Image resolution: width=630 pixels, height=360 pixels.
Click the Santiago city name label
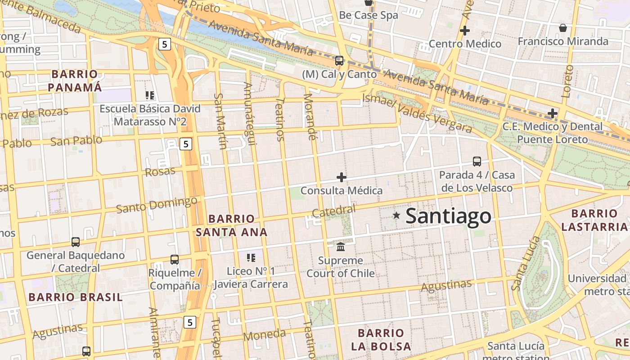[448, 216]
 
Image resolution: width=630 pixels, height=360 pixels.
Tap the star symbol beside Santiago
[396, 216]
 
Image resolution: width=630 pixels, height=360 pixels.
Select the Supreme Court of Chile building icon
[341, 247]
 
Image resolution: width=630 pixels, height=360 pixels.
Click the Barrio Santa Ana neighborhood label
[232, 225]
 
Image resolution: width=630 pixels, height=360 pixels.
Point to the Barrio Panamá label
[75, 81]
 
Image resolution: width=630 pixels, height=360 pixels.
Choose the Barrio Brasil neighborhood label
[75, 297]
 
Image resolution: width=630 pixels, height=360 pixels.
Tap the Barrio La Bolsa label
[381, 340]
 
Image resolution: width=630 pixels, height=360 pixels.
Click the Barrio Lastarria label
[594, 220]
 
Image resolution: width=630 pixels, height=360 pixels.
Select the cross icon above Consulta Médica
[342, 177]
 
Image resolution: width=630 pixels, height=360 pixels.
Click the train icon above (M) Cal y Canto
[339, 60]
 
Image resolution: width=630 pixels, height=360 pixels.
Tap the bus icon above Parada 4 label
[477, 161]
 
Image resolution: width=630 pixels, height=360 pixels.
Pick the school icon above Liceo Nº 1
[251, 258]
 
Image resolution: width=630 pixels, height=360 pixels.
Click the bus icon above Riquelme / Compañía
[175, 260]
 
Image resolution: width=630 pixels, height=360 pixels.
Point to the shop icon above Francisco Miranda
[562, 28]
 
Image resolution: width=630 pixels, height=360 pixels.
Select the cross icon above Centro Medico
[465, 31]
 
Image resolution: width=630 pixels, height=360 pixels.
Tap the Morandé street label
[310, 117]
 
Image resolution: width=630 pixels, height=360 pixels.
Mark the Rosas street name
[160, 171]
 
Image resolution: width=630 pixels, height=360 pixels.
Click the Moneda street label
[264, 335]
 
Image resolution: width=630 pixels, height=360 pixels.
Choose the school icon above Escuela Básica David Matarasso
[150, 95]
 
